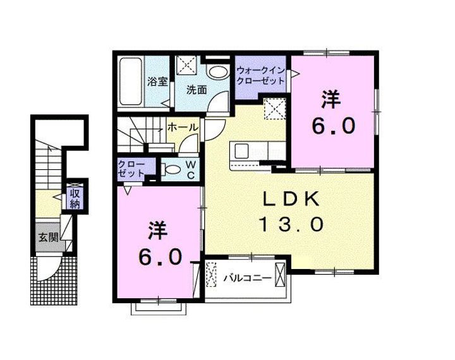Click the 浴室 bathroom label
click(157, 81)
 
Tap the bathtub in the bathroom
click(131, 81)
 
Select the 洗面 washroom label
click(197, 90)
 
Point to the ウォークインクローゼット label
click(260, 75)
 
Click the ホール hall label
click(183, 127)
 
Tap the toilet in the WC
click(171, 169)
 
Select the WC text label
click(190, 170)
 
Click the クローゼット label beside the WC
click(131, 169)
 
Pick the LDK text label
click(291, 199)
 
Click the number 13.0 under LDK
click(291, 224)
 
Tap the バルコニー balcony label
click(248, 278)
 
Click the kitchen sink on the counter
click(241, 151)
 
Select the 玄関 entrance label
click(49, 237)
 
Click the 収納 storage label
click(75, 198)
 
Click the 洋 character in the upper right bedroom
click(331, 100)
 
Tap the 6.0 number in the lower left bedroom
click(160, 257)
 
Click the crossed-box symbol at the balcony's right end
click(280, 275)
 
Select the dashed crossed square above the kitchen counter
click(274, 109)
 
